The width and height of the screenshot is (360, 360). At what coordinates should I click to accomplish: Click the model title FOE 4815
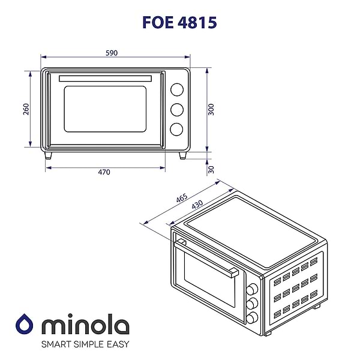pos(179,22)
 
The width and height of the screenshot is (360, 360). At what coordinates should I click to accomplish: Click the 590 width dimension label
pos(112,53)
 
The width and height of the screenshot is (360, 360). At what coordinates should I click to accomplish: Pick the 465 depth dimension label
pos(182,199)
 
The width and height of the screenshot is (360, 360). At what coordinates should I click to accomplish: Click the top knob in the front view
pos(176,89)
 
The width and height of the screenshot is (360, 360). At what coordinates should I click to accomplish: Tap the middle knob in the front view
pos(176,109)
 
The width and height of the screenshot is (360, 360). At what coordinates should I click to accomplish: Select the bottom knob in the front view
pos(176,128)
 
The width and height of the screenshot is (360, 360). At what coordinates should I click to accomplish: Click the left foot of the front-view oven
pos(48,155)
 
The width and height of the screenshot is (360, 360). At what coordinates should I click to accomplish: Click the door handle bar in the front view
pos(111,78)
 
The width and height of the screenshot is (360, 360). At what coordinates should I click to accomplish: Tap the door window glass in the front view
pos(105,110)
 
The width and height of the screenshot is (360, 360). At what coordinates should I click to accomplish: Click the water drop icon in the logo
pos(24,325)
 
